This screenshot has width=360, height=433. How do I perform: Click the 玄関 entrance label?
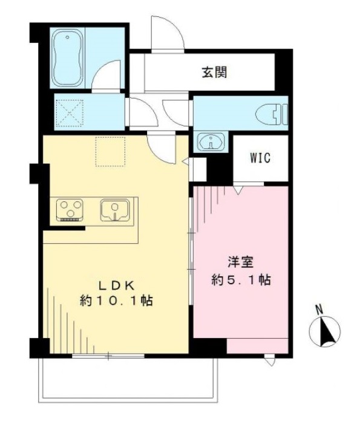click(214, 73)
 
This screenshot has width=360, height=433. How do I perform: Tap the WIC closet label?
click(260, 158)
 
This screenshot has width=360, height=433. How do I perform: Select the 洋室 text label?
click(241, 262)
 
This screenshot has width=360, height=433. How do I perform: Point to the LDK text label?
click(117, 286)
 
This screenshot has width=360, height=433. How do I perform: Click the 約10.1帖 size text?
click(117, 301)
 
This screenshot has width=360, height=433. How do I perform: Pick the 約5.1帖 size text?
click(241, 280)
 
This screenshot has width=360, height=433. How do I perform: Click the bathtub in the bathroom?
click(67, 58)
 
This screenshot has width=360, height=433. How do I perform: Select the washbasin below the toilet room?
click(211, 142)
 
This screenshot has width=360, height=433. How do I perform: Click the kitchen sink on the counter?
click(115, 210)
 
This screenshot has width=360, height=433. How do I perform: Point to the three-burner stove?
click(70, 210)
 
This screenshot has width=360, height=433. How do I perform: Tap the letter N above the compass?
click(319, 310)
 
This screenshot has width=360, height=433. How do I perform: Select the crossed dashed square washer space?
click(70, 113)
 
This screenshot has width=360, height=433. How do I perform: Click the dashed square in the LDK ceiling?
click(110, 151)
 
